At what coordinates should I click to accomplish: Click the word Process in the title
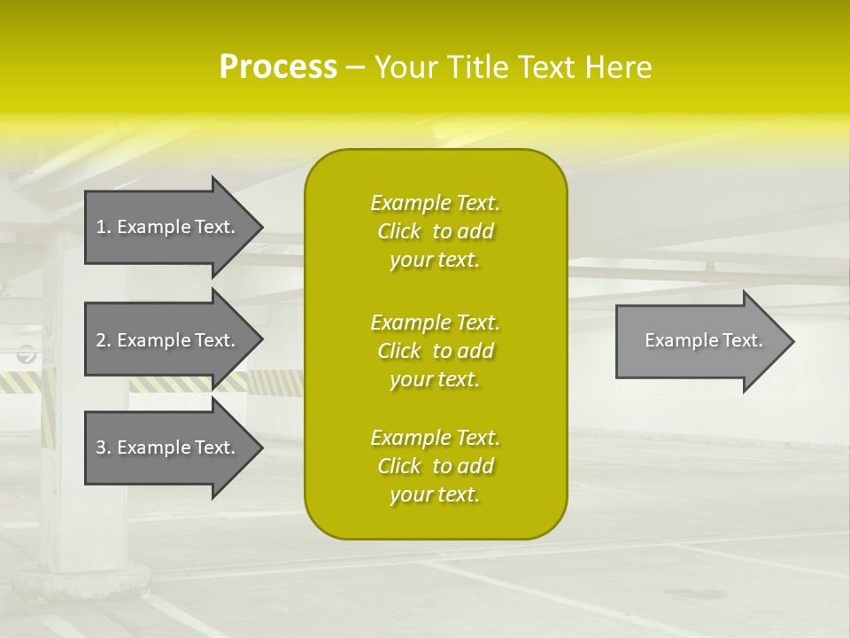278,67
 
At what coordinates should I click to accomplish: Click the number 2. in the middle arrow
103,340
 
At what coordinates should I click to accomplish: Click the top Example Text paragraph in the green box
435,231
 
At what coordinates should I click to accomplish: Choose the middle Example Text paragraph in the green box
435,351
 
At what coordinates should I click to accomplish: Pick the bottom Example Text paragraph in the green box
435,466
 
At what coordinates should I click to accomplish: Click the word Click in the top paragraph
399,231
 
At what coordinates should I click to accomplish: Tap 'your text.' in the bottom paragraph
435,494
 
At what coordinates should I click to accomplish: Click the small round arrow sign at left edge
27,355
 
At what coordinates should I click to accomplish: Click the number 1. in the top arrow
103,227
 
